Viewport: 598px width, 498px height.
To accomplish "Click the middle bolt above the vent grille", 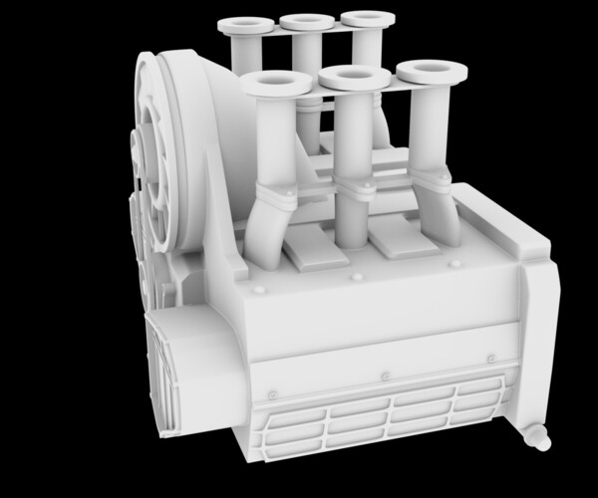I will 385,375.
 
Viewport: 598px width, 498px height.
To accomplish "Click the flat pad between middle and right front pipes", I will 397,239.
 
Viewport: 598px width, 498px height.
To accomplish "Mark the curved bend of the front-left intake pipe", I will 261,234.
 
